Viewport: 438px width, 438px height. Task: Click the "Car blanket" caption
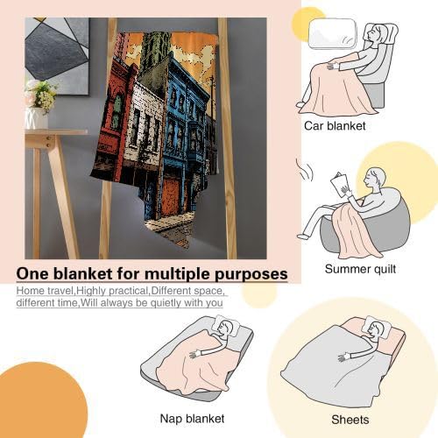click(335, 126)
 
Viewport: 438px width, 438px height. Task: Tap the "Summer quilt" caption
click(360, 269)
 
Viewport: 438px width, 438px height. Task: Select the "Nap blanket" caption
click(192, 419)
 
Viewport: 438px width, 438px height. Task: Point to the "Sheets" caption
click(350, 420)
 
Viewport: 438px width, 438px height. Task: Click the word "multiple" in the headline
click(174, 274)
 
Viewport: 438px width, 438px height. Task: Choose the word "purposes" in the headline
click(251, 275)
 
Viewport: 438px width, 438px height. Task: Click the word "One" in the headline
click(32, 274)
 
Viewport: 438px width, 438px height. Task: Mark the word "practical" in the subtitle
click(129, 291)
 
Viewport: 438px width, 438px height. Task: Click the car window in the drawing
click(333, 33)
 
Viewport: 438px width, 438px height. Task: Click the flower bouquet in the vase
click(42, 95)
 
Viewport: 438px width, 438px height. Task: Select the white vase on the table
click(37, 118)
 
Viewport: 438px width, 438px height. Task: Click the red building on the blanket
click(118, 117)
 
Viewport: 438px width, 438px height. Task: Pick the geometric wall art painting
click(57, 56)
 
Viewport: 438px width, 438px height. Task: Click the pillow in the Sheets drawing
click(377, 327)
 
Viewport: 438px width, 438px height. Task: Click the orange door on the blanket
click(173, 196)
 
